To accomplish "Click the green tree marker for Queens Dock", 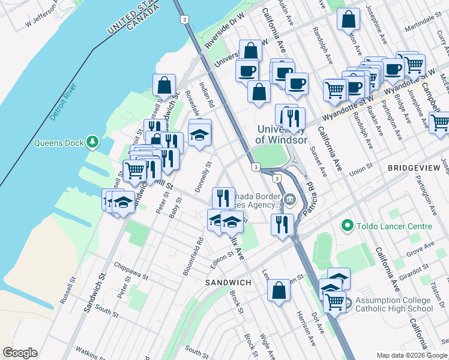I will [x=92, y=142].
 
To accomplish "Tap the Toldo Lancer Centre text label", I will [x=394, y=226].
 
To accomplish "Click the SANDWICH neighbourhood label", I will [x=228, y=282].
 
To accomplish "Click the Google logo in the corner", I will [x=20, y=353].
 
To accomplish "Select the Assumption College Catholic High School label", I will [x=393, y=305].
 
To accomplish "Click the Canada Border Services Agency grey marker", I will [x=290, y=198].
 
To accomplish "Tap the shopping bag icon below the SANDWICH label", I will [x=279, y=292].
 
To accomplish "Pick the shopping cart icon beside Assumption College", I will [x=334, y=302].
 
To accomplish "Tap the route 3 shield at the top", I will [x=183, y=19].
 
